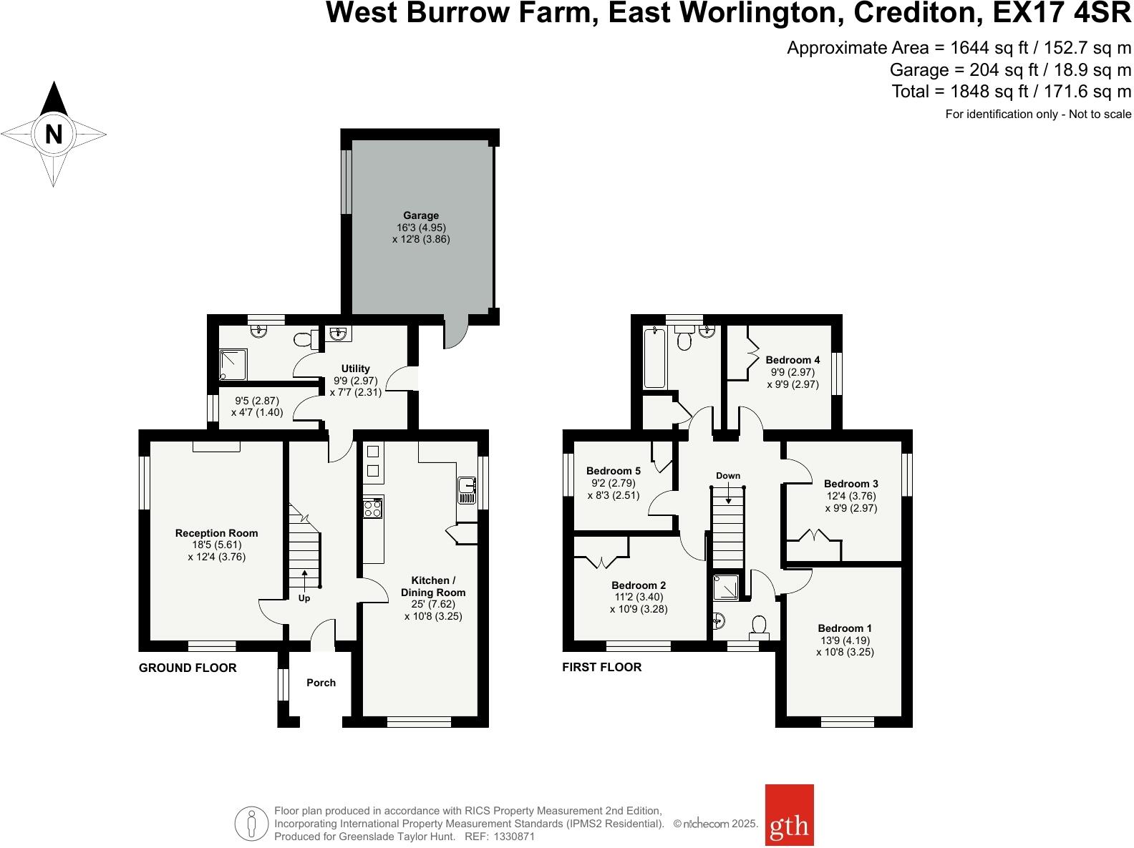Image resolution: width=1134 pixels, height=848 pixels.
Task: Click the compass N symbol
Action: pyautogui.click(x=54, y=134)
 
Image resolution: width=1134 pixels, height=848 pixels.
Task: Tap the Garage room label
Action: pyautogui.click(x=421, y=215)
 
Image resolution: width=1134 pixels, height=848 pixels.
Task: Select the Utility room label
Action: pyautogui.click(x=356, y=369)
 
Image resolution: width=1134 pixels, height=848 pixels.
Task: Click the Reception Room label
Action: pyautogui.click(x=217, y=533)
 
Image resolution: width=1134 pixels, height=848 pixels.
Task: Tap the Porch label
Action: pyautogui.click(x=321, y=683)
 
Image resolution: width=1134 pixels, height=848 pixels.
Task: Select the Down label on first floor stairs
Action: pyautogui.click(x=728, y=476)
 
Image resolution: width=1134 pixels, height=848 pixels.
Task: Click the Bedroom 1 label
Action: pyautogui.click(x=845, y=628)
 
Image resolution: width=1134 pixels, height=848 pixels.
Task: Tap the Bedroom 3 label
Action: pyautogui.click(x=850, y=484)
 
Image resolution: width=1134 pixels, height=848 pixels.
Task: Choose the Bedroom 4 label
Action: pyautogui.click(x=793, y=360)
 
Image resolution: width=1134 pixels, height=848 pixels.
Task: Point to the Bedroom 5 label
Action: pyautogui.click(x=614, y=471)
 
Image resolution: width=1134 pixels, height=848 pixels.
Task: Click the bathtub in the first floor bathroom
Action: pyautogui.click(x=654, y=357)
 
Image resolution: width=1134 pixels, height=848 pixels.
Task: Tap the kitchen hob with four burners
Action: pyautogui.click(x=373, y=508)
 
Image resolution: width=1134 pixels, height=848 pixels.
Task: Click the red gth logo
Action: pyautogui.click(x=789, y=825)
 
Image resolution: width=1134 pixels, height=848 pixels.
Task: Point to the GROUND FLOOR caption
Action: pyautogui.click(x=188, y=668)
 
